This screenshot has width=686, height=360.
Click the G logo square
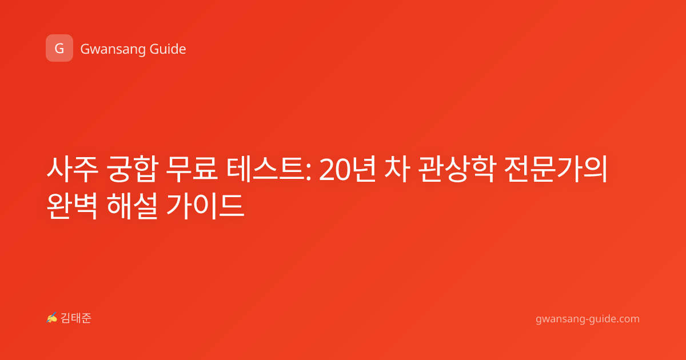point(59,48)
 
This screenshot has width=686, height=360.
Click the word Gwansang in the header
point(113,49)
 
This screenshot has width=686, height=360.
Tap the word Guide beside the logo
point(167,49)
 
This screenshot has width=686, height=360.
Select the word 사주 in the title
point(72,169)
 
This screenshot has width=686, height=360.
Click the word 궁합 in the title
point(132,169)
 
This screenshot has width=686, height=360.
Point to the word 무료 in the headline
point(192,169)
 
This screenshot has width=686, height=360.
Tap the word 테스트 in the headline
point(266,169)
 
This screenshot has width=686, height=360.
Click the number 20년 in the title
point(347,169)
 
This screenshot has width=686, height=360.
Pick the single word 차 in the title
point(397,169)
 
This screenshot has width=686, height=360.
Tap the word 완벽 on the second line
point(72,206)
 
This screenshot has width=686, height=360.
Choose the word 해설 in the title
point(132,206)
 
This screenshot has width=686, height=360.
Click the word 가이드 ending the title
point(205,206)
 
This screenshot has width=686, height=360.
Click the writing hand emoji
point(51,318)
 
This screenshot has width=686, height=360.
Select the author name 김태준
point(76,318)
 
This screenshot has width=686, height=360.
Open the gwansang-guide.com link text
point(588,319)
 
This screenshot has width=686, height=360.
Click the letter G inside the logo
point(59,49)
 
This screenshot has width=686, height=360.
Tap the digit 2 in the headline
point(326,170)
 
